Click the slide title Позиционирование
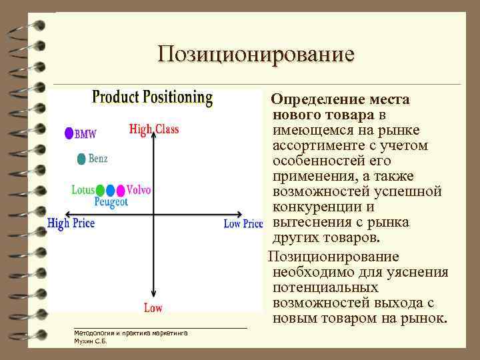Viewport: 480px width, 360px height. (256, 53)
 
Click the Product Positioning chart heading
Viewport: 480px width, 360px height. (152, 97)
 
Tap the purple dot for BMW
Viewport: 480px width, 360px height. (68, 133)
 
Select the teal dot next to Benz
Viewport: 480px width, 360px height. (81, 159)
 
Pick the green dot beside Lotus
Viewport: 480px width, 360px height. (100, 190)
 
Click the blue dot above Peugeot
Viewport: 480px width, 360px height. (111, 190)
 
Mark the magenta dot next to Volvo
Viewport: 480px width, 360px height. (121, 190)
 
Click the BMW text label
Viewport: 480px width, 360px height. (85, 134)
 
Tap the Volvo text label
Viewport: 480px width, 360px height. (139, 190)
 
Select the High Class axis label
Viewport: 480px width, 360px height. (154, 129)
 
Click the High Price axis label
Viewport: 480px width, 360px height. (71, 223)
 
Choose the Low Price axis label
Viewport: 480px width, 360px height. (243, 224)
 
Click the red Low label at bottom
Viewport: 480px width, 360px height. (153, 307)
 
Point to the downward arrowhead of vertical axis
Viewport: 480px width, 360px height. (154, 294)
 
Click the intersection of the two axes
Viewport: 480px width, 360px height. (154, 215)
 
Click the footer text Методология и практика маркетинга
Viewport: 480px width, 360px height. (131, 332)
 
